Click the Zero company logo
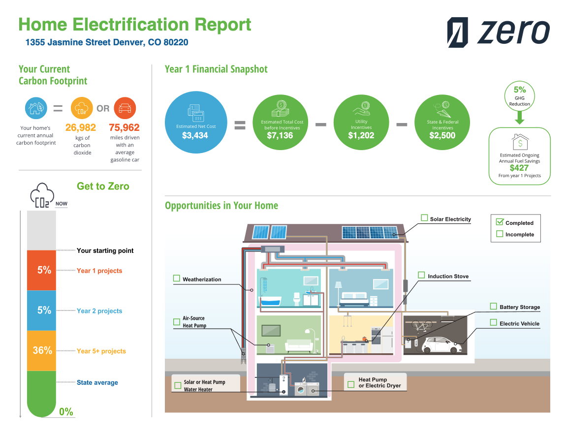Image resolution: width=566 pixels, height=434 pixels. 498,32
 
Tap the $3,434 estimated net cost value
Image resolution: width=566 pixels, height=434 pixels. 195,135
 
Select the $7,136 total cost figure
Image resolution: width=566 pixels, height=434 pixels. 279,135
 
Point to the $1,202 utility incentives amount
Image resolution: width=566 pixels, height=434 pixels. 361,135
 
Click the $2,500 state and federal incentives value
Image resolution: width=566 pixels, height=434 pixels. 442,135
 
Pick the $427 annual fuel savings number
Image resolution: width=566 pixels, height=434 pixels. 519,168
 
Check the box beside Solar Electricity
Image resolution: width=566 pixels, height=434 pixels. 424,218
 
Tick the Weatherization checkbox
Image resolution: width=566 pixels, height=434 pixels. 177,279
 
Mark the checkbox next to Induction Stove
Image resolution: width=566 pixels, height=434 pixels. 421,275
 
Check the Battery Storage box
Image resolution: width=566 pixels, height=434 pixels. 493,306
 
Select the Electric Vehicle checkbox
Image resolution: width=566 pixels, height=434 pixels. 493,323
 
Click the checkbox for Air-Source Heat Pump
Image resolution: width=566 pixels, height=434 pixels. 177,322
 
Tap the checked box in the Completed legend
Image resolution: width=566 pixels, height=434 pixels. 500,222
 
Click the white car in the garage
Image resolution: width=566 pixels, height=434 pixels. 442,345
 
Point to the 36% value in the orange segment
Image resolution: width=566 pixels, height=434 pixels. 42,350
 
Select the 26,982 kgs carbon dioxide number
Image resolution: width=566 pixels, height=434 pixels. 81,128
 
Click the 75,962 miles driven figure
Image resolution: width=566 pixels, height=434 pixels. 125,128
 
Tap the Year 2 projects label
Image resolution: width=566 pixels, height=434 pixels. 99,311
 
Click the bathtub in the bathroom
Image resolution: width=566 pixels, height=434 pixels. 270,300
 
